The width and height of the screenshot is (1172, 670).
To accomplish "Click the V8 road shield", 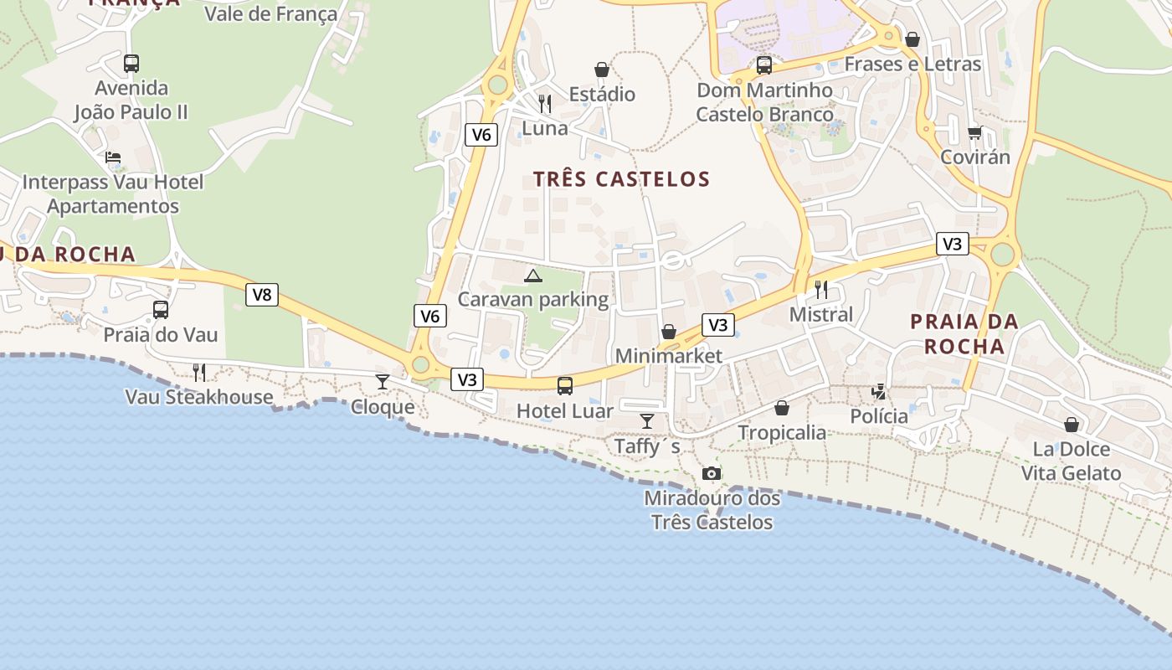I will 262,295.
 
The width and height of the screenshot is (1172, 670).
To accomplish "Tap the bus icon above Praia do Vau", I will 161,310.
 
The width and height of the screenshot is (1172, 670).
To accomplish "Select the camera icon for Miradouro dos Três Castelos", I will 712,474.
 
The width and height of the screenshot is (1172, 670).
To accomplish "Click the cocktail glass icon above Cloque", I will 383,382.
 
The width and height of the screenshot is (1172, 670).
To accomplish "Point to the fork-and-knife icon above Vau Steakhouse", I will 199,372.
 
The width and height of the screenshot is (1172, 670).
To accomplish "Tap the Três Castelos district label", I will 621,179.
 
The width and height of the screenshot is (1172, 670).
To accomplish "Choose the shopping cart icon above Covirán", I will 974,133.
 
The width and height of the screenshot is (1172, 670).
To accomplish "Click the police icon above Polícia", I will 879,391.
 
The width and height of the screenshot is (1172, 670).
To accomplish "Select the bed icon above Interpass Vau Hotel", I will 113,157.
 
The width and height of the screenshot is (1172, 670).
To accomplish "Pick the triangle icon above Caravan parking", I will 532,275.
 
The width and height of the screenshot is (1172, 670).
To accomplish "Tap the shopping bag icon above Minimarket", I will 669,332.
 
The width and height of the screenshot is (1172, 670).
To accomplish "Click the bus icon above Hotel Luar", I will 565,386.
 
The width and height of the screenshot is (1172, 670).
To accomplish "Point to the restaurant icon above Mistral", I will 821,290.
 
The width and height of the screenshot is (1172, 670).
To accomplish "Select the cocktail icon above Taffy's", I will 647,420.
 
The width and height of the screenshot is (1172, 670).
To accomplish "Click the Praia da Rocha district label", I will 964,333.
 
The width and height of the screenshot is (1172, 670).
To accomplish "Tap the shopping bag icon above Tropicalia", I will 782,408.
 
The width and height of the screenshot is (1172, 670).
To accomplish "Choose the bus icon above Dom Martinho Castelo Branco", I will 764,65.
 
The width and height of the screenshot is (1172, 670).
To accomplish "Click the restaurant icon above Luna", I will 545,104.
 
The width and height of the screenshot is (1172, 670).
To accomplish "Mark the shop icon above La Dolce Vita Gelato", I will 1072,425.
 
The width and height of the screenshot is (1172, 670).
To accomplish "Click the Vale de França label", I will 271,14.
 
